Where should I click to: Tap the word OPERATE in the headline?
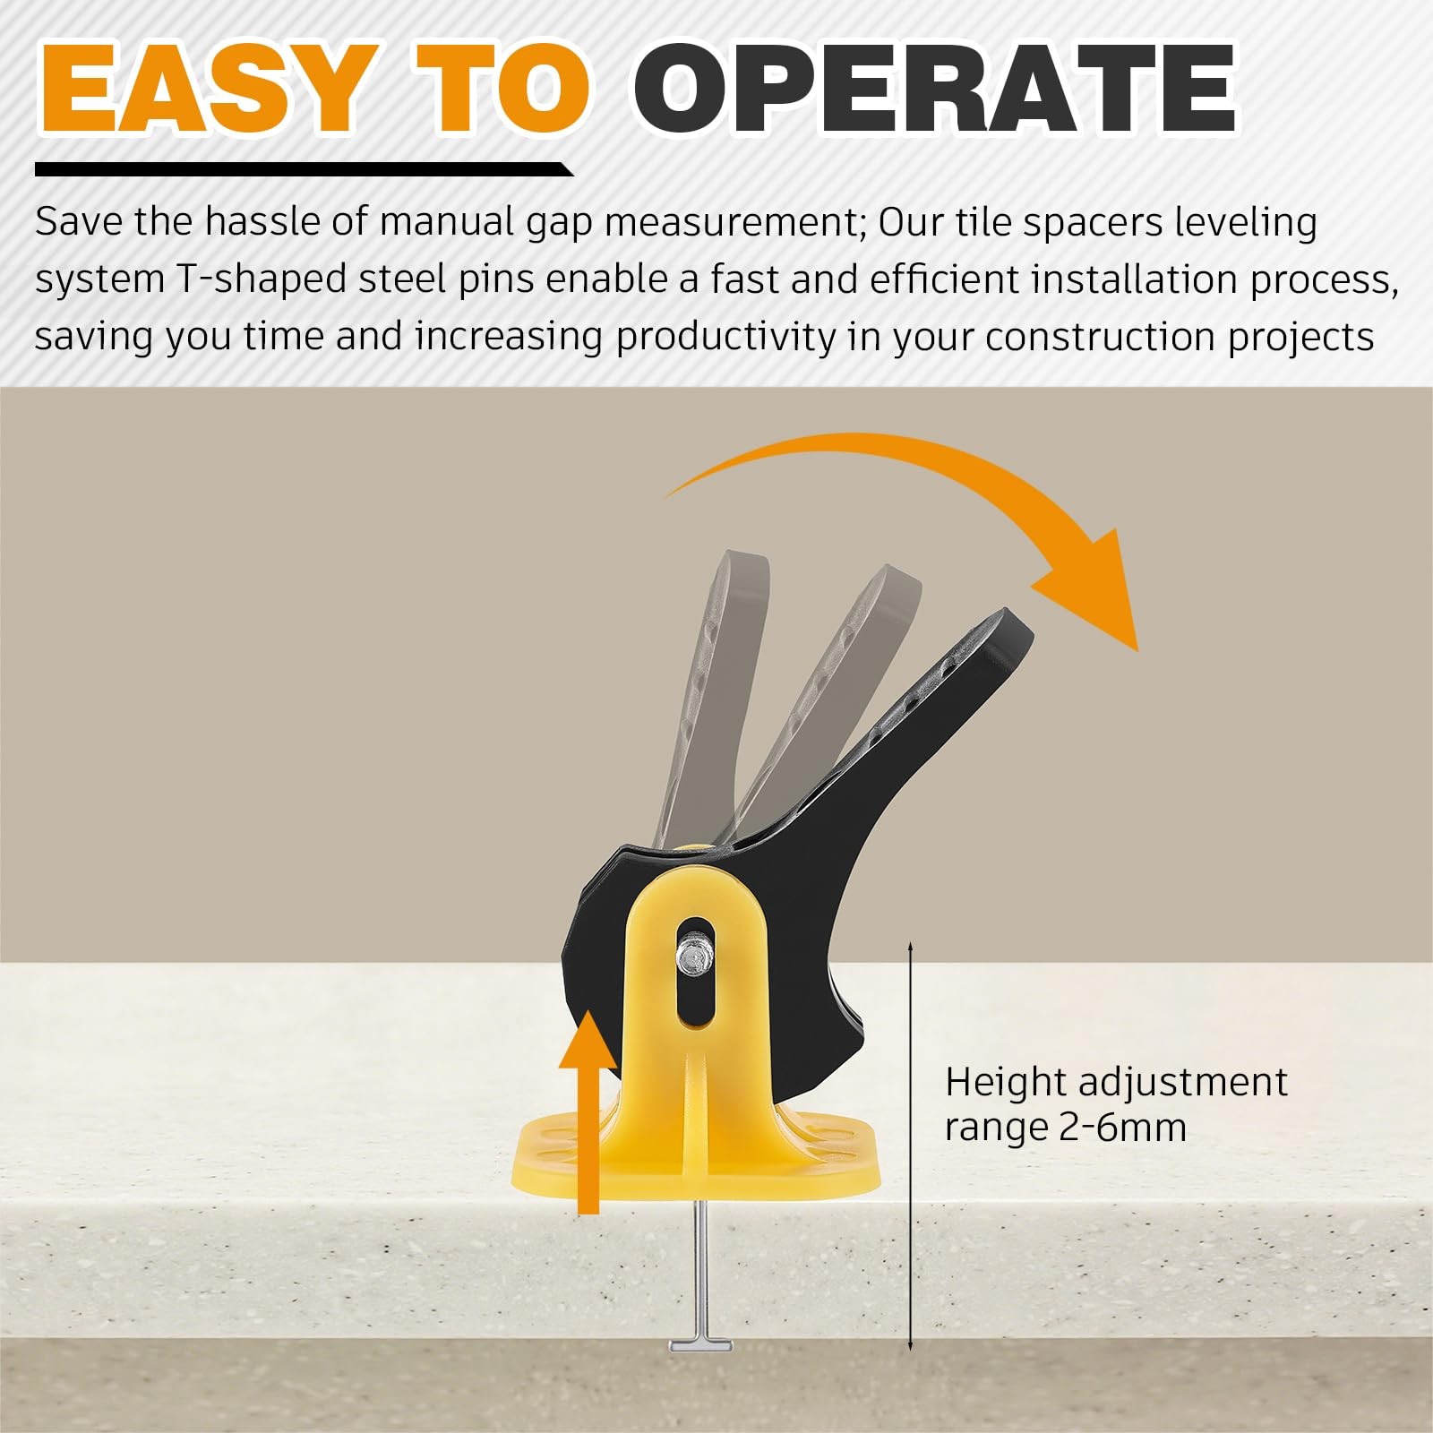(936, 89)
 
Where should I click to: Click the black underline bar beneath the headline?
(305, 169)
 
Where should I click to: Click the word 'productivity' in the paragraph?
(726, 338)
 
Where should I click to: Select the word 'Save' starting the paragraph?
(79, 221)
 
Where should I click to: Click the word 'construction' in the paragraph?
(1101, 338)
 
